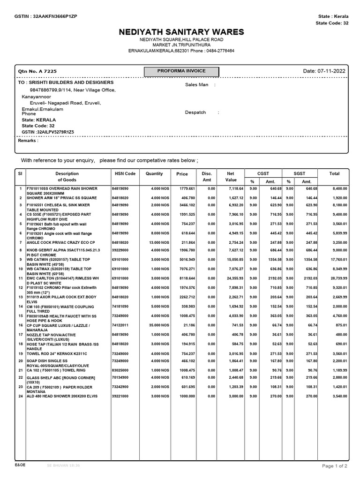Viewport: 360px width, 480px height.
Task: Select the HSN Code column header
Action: pyautogui.click(x=125, y=173)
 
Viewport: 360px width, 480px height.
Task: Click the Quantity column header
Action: pyautogui.click(x=154, y=173)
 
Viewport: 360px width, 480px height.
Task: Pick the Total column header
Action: pyautogui.click(x=334, y=173)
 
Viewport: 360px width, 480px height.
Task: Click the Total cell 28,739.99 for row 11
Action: pyautogui.click(x=334, y=278)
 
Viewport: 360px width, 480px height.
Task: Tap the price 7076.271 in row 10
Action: pyautogui.click(x=182, y=269)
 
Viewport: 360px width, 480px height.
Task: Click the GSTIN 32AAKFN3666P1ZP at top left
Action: pyautogui.click(x=46, y=16)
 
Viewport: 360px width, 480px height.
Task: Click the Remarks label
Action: pyautogui.click(x=28, y=140)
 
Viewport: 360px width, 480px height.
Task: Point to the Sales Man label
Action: pyautogui.click(x=197, y=85)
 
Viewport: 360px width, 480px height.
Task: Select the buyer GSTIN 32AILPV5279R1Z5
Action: pyautogui.click(x=48, y=133)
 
